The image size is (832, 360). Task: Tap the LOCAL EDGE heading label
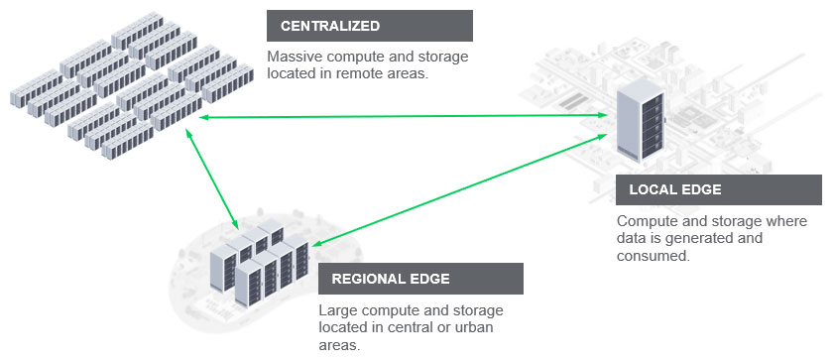pos(675,189)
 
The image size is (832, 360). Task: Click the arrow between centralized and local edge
pos(397,117)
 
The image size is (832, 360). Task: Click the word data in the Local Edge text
pos(631,238)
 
